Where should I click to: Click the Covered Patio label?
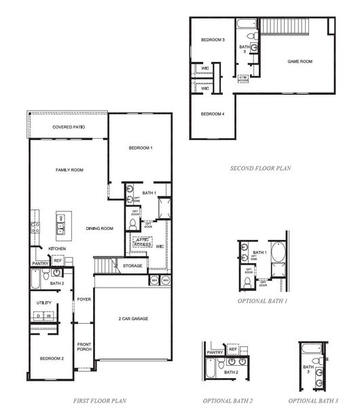[68, 127]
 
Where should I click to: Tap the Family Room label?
[69, 169]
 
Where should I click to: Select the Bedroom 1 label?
[141, 148]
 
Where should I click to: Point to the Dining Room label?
[99, 228]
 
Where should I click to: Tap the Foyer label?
[84, 299]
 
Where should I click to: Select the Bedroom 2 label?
[51, 358]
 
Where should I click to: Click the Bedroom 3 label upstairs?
[213, 40]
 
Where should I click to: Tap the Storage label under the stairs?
[133, 265]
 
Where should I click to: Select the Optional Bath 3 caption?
[312, 401]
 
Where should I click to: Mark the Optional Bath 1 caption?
[263, 300]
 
